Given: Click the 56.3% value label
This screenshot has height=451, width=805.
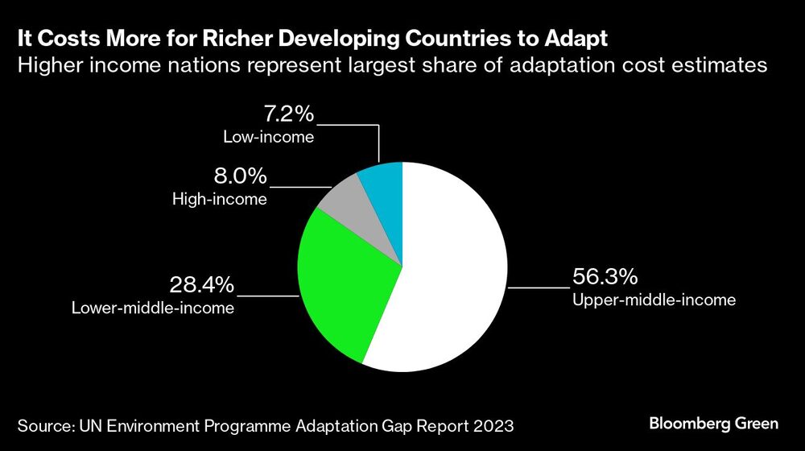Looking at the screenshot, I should point(605,278).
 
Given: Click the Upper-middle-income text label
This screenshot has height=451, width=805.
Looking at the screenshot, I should point(654,300).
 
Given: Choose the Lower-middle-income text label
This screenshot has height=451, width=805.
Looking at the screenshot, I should point(153,307).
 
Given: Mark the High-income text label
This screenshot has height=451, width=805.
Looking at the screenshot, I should point(220,199).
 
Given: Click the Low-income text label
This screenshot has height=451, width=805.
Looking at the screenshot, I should point(268,137).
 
